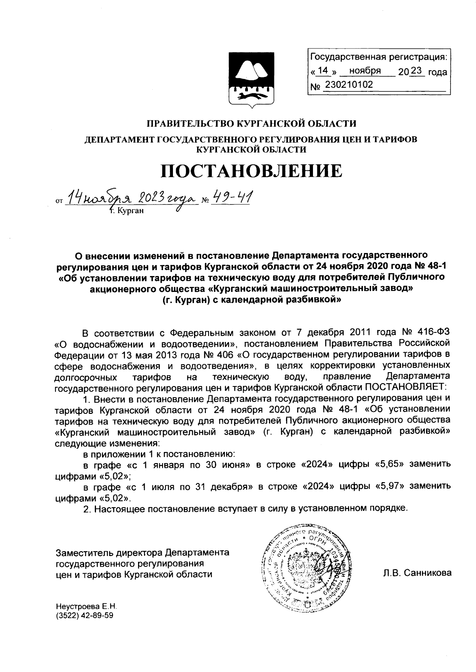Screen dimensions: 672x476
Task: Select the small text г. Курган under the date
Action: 127,210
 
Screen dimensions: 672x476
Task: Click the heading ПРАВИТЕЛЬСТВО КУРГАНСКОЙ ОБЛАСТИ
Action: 252,124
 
